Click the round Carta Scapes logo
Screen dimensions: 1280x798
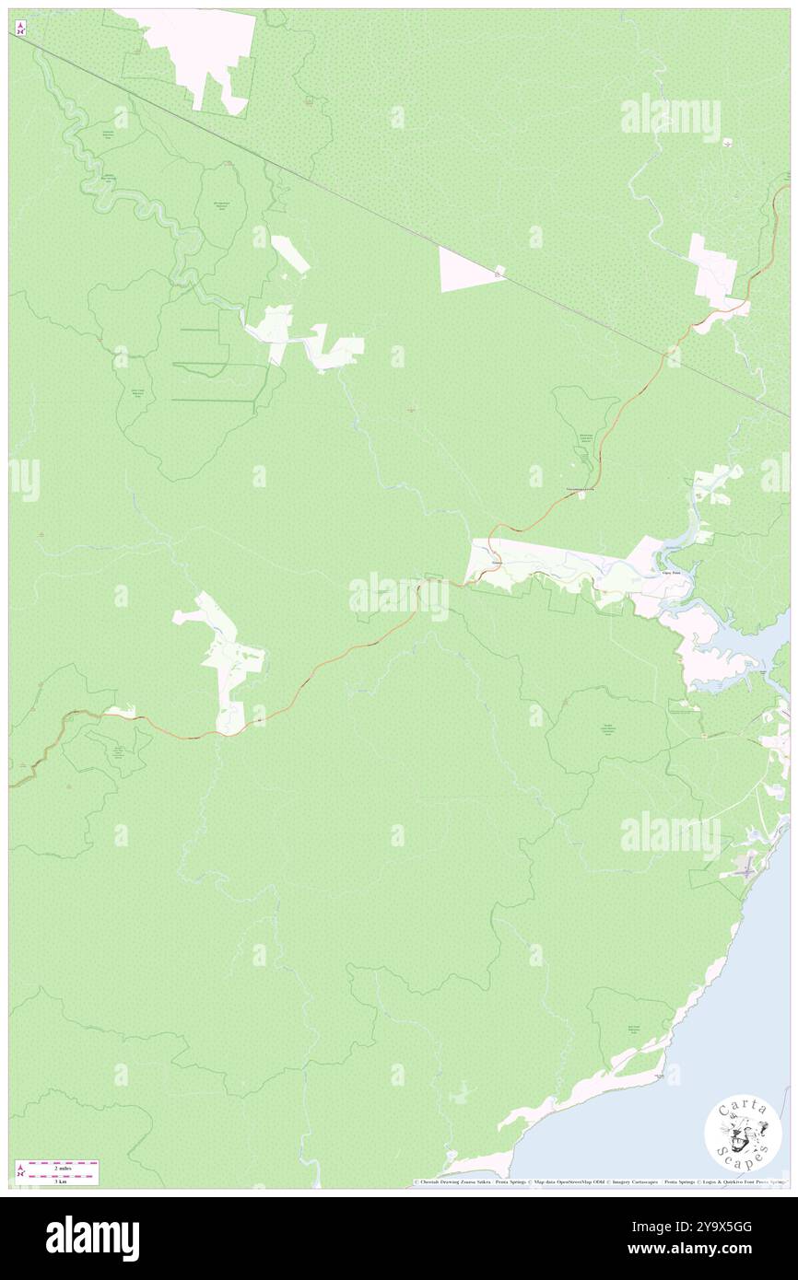tap(743, 1135)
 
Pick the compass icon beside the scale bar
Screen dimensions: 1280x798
tap(20, 1171)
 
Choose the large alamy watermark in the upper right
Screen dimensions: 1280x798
tap(670, 118)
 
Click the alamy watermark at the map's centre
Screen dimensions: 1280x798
tap(399, 596)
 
